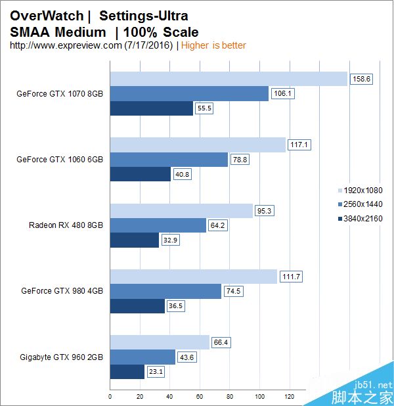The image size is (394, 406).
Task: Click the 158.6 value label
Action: pyautogui.click(x=361, y=79)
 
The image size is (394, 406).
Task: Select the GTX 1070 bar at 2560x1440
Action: pyautogui.click(x=189, y=94)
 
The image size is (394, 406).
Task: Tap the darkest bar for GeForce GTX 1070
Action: pyautogui.click(x=152, y=108)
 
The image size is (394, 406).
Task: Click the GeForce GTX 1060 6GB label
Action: pyautogui.click(x=60, y=159)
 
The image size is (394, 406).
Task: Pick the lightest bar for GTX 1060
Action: pyautogui.click(x=198, y=145)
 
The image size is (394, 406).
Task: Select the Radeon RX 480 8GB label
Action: pyautogui.click(x=66, y=225)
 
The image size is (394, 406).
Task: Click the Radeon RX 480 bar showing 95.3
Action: pyautogui.click(x=181, y=210)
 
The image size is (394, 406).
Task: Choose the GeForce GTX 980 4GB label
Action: pyautogui.click(x=62, y=290)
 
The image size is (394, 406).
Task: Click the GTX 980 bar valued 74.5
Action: pyautogui.click(x=165, y=291)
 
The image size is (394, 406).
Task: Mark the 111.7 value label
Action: pyautogui.click(x=291, y=277)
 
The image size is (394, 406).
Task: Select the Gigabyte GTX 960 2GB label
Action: pyautogui.click(x=62, y=357)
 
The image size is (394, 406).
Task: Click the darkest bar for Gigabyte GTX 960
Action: pyautogui.click(x=127, y=372)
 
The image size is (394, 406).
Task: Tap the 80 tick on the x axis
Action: pyautogui.click(x=230, y=397)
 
